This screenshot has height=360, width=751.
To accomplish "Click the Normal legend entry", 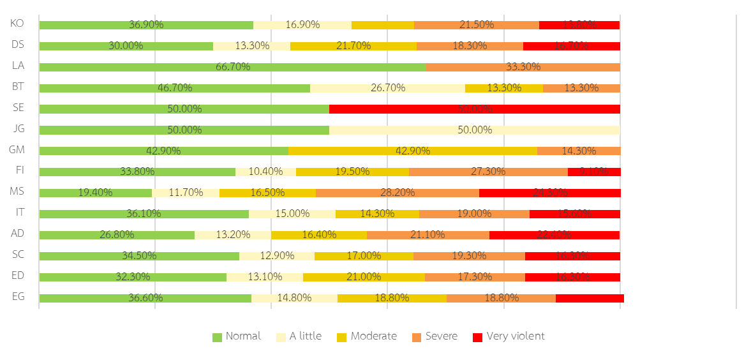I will point(237,336).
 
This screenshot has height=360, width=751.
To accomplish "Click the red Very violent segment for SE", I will point(475,109).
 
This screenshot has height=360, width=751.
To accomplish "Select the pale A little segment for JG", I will point(475,130).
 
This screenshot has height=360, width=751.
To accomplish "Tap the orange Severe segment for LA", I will point(523,67).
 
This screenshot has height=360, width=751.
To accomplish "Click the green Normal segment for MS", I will point(95,193).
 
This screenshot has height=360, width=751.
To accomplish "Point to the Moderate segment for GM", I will point(412,151).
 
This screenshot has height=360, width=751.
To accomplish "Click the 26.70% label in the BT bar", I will point(388,88).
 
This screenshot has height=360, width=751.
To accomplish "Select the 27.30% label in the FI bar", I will point(488,172).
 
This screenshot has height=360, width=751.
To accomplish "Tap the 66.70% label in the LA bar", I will point(233,67).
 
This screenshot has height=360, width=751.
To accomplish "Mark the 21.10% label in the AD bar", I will point(428,235).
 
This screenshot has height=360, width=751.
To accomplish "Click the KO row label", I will point(18,24).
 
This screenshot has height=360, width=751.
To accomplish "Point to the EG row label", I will point(18,297).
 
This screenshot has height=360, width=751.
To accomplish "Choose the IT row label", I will point(18,213).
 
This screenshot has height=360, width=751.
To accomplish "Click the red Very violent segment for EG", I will point(590,298).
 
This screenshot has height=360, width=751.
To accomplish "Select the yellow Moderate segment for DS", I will point(353,46).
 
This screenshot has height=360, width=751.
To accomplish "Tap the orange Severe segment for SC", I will point(469,256).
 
